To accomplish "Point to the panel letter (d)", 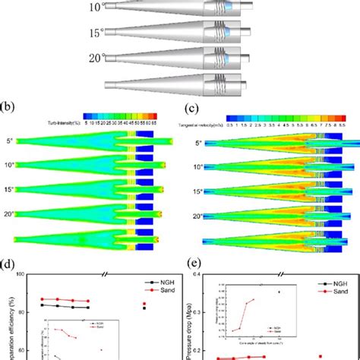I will (9, 267).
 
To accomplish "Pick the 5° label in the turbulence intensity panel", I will (9, 141).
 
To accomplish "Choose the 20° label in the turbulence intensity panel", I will (9, 214).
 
